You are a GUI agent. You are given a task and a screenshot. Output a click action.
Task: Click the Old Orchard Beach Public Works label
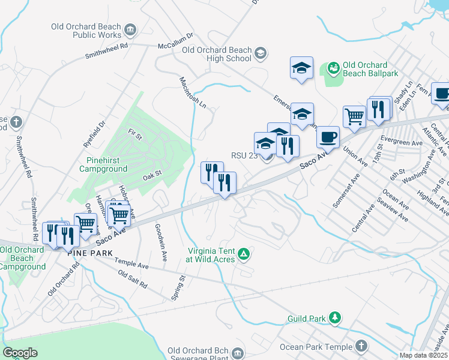[x=89, y=31]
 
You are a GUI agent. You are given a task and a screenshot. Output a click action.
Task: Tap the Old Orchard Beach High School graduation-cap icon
[x=261, y=53]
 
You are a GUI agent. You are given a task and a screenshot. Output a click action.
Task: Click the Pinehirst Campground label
[x=103, y=165]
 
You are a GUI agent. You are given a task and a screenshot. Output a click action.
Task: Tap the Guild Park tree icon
[x=336, y=317]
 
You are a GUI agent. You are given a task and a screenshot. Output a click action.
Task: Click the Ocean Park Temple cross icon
[x=361, y=346]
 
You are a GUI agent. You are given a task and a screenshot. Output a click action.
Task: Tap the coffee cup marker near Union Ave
[x=328, y=137]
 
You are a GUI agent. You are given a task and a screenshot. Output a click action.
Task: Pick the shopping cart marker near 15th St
[x=354, y=116]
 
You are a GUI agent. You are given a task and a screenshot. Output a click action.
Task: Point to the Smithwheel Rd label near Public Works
[x=107, y=49]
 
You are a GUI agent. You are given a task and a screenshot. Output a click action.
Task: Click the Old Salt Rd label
[x=132, y=278]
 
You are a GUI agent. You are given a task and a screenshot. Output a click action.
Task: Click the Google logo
[x=20, y=353]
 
